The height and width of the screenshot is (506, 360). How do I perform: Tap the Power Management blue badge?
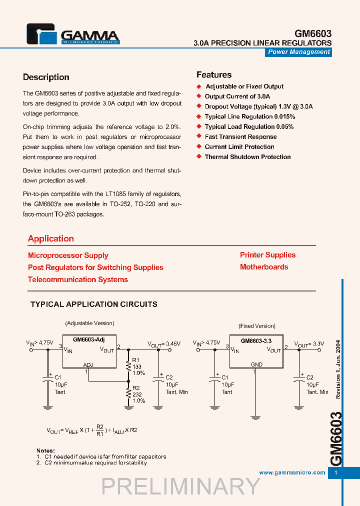pyautogui.click(x=298, y=52)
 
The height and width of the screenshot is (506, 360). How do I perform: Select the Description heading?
pyautogui.click(x=46, y=77)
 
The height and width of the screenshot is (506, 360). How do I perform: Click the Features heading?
pyautogui.click(x=213, y=75)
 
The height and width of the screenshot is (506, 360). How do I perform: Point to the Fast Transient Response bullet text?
pyautogui.click(x=240, y=136)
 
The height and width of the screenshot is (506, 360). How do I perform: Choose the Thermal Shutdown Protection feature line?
pyautogui.click(x=247, y=156)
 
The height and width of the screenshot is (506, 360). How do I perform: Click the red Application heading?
pyautogui.click(x=51, y=238)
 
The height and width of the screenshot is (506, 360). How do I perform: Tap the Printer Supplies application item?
pyautogui.click(x=267, y=255)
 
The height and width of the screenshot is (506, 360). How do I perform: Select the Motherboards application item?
pyautogui.click(x=264, y=267)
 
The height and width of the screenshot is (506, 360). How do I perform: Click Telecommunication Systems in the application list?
pyautogui.click(x=78, y=279)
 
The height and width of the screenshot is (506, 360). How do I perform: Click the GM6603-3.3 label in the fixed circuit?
pyautogui.click(x=256, y=340)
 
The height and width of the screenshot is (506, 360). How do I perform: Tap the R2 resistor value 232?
pyautogui.click(x=137, y=394)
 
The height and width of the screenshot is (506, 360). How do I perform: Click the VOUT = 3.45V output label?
pyautogui.click(x=163, y=344)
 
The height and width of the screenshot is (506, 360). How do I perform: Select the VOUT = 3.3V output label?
pyautogui.click(x=309, y=344)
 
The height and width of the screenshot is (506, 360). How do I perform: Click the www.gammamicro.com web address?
pyautogui.click(x=292, y=472)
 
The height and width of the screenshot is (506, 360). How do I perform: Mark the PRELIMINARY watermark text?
pyautogui.click(x=180, y=486)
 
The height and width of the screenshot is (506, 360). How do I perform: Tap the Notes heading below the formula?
pyautogui.click(x=45, y=450)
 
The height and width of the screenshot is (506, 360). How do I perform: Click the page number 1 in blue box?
pyautogui.click(x=336, y=472)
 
